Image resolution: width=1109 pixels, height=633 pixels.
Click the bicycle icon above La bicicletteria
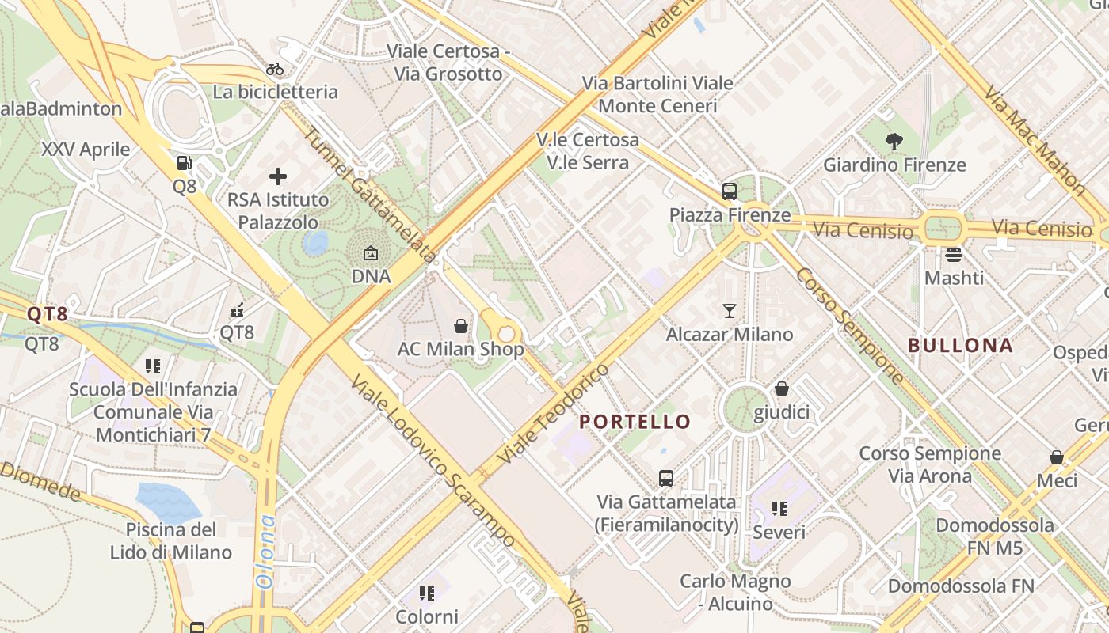[x=275, y=69]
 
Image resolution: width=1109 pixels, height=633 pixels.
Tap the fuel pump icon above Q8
[x=184, y=164]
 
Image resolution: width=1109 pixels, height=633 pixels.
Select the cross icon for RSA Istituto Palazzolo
[x=277, y=176]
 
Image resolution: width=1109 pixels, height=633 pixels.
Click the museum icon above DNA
[x=371, y=253]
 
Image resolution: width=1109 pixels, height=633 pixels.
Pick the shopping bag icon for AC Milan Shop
[x=460, y=325]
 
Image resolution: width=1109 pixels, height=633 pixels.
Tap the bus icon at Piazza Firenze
[x=729, y=191]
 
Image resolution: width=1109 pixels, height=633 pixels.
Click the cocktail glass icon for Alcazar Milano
[x=729, y=311]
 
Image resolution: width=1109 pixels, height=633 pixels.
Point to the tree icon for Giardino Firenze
[x=894, y=142]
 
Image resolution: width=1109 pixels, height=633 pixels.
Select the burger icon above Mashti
[x=954, y=255]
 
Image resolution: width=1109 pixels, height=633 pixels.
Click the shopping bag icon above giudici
[x=781, y=389]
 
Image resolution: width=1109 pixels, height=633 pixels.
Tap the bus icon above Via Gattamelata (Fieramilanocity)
[x=666, y=478]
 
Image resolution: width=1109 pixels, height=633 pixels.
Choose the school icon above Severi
[x=779, y=509]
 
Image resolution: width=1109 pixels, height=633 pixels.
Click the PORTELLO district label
[x=635, y=422]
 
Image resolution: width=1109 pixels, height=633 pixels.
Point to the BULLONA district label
[x=960, y=345]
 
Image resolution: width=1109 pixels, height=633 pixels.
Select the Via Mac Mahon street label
[x=1035, y=140]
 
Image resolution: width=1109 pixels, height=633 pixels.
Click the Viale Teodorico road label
[x=554, y=414]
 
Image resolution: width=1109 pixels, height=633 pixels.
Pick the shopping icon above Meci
[x=1056, y=457]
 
